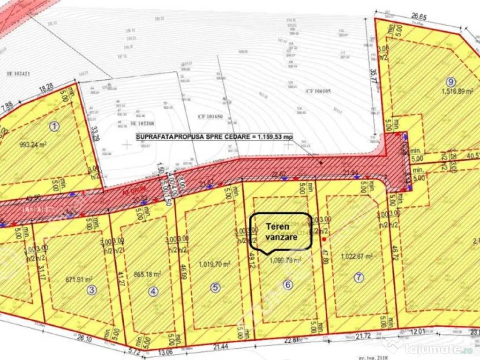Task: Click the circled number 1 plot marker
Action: [x=55, y=125]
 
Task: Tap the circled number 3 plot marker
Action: [x=92, y=290]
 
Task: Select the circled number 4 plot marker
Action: [x=153, y=291]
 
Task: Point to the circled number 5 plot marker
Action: [x=215, y=288]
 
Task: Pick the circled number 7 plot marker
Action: [x=359, y=277]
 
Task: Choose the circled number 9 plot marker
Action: [x=451, y=80]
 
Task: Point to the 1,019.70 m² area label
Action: [x=214, y=264]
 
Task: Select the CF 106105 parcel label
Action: [x=318, y=91]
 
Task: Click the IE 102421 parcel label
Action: [x=18, y=73]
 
